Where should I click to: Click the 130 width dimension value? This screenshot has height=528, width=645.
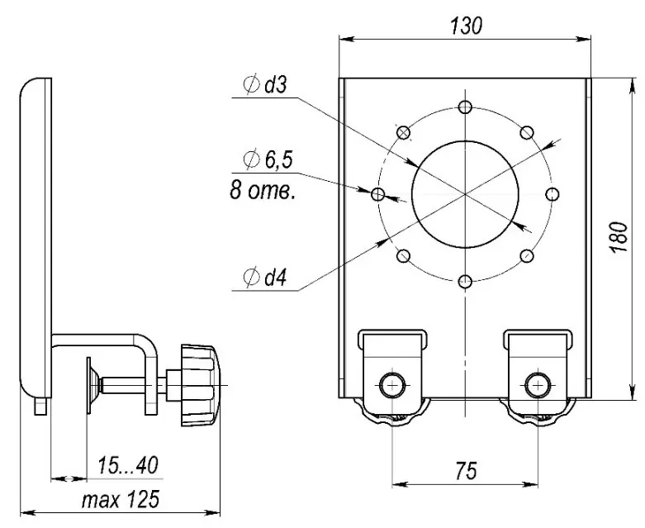pyautogui.click(x=466, y=26)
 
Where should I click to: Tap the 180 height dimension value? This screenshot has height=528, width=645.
pyautogui.click(x=619, y=237)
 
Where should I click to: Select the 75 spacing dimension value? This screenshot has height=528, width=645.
pyautogui.click(x=466, y=471)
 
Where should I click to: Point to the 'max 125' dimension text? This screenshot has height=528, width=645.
pyautogui.click(x=120, y=500)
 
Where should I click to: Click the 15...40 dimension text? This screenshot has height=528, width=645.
pyautogui.click(x=127, y=465)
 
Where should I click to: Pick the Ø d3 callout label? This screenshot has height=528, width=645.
pyautogui.click(x=265, y=85)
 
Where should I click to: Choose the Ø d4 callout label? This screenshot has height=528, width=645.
pyautogui.click(x=265, y=278)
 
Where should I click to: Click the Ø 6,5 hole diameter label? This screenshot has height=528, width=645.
pyautogui.click(x=268, y=159)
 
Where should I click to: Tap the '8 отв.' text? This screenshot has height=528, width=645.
pyautogui.click(x=263, y=191)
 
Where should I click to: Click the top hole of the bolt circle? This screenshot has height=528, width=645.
pyautogui.click(x=465, y=107)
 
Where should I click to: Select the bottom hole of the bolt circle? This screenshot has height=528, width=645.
pyautogui.click(x=465, y=282)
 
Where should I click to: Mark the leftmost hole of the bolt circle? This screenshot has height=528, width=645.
pyautogui.click(x=377, y=194)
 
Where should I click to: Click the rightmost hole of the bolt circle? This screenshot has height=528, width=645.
pyautogui.click(x=553, y=194)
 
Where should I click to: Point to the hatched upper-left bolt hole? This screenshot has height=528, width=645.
pyautogui.click(x=404, y=132)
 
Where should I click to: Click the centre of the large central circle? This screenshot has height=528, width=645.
pyautogui.click(x=465, y=194)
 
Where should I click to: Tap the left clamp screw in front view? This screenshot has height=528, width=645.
pyautogui.click(x=391, y=385)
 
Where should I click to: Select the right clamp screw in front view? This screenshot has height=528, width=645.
pyautogui.click(x=538, y=385)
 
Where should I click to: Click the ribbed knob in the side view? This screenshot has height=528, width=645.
pyautogui.click(x=201, y=385)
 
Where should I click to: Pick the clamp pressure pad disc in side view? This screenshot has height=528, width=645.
pyautogui.click(x=89, y=385)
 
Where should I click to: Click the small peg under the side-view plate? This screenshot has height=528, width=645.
pyautogui.click(x=40, y=406)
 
